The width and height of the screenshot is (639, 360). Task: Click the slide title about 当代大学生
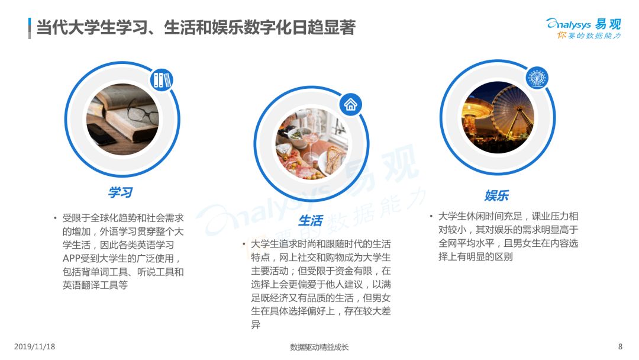coord(196,28)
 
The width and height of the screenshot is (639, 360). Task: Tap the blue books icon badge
coord(162,79)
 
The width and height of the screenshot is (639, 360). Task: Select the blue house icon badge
coord(350,104)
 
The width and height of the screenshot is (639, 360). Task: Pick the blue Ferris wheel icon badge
coord(537,78)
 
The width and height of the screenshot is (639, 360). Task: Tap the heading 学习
coord(120,192)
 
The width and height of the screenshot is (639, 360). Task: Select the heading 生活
coord(311,221)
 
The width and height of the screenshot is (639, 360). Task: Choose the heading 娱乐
coord(496,195)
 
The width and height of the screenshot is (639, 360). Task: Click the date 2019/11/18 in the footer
coord(34,346)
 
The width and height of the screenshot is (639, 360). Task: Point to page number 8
coord(620,346)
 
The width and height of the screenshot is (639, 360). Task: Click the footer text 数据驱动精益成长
coord(319,347)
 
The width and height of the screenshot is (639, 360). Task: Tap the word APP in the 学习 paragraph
coord(72,259)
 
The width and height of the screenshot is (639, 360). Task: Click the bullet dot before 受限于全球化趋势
coord(55,218)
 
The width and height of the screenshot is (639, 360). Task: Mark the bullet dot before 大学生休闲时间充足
coord(431,216)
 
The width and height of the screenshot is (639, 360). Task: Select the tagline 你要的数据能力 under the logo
coord(589,36)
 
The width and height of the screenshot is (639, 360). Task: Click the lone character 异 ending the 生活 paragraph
coord(256,324)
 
